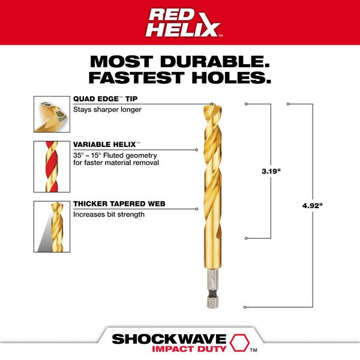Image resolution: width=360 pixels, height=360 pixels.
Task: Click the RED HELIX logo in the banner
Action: click(x=183, y=23)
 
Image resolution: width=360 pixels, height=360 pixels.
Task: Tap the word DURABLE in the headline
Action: click(x=215, y=62)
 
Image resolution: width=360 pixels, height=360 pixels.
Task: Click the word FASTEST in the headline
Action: click(x=136, y=77)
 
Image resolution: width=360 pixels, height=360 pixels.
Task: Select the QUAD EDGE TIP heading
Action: click(x=105, y=99)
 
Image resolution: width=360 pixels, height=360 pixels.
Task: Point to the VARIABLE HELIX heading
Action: click(x=107, y=145)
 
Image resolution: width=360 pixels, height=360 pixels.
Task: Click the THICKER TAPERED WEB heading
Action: click(x=119, y=203)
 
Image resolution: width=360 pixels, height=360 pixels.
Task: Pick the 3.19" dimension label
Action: click(x=271, y=171)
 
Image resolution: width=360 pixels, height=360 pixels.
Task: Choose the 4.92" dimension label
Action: click(x=312, y=206)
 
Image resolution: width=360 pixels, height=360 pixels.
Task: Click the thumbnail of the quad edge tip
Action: click(x=52, y=114)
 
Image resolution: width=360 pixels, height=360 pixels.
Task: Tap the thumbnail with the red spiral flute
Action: click(x=52, y=167)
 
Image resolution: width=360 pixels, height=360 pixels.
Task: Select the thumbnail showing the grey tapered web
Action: click(x=52, y=227)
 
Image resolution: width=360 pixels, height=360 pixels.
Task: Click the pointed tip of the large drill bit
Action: click(x=212, y=104)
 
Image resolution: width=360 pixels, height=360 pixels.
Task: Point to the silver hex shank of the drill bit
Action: click(x=212, y=288)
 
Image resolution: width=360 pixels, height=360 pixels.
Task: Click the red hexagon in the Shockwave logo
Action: click(x=239, y=343)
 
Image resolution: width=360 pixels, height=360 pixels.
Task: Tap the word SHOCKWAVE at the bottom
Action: click(x=169, y=339)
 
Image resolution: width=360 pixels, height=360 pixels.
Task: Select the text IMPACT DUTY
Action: click(x=189, y=349)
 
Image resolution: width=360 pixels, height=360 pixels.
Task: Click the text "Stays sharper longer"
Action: click(x=107, y=110)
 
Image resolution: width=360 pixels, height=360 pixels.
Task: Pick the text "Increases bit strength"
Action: click(x=109, y=214)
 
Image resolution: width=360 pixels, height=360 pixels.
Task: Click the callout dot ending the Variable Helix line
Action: click(x=197, y=150)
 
